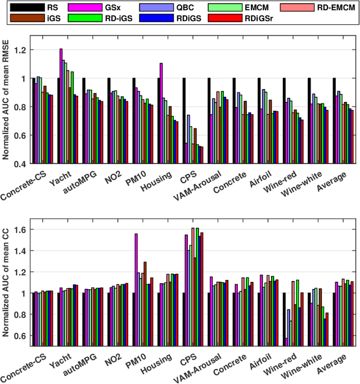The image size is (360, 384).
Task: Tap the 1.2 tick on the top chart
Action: [x=21, y=50]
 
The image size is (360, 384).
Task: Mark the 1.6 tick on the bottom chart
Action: [x=21, y=229]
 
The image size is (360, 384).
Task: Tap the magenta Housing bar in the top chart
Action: [x=161, y=113]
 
